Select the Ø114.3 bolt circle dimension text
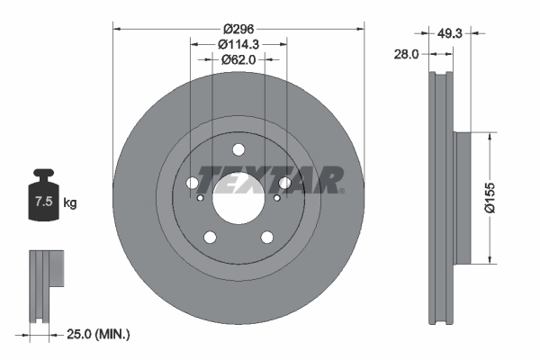point(238,43)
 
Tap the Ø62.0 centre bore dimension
point(238,60)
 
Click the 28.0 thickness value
point(407,54)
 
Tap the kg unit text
point(69,203)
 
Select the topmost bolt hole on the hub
point(238,150)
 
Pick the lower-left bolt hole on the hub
point(211,238)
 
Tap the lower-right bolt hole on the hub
point(267,238)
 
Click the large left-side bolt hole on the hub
point(193,184)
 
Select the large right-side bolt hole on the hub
point(284,184)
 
